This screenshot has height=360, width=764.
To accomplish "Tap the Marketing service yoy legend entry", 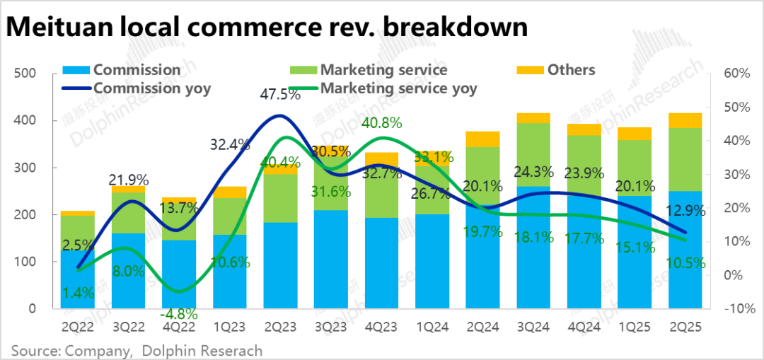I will click(x=398, y=88).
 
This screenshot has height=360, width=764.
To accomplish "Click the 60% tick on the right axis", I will click(x=734, y=74).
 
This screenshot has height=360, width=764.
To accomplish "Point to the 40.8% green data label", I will click(x=383, y=122).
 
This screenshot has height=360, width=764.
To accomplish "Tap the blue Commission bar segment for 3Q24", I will click(x=533, y=248).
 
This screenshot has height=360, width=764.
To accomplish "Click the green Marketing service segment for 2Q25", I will click(x=685, y=159).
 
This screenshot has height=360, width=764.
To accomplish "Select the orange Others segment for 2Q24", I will click(x=483, y=139).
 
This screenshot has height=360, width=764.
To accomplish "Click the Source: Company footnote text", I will click(x=70, y=350).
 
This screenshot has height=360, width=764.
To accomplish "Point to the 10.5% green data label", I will click(x=685, y=264).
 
